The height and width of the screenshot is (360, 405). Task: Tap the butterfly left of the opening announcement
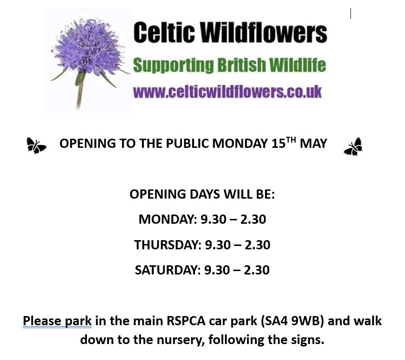[x=36, y=145]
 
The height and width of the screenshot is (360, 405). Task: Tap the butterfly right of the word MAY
[x=353, y=147]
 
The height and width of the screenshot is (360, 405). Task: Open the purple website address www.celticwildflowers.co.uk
[x=227, y=91]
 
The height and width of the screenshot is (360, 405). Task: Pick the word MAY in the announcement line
[x=313, y=144]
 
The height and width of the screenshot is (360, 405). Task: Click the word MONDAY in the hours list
[x=166, y=219]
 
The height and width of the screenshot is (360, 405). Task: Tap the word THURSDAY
[x=167, y=245]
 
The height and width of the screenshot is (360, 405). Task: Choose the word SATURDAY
[x=167, y=270]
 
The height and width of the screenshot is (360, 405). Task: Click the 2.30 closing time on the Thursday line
[x=257, y=245]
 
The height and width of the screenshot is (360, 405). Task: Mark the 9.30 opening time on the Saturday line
[x=217, y=270]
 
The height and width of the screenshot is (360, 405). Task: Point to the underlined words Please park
[x=57, y=321]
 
